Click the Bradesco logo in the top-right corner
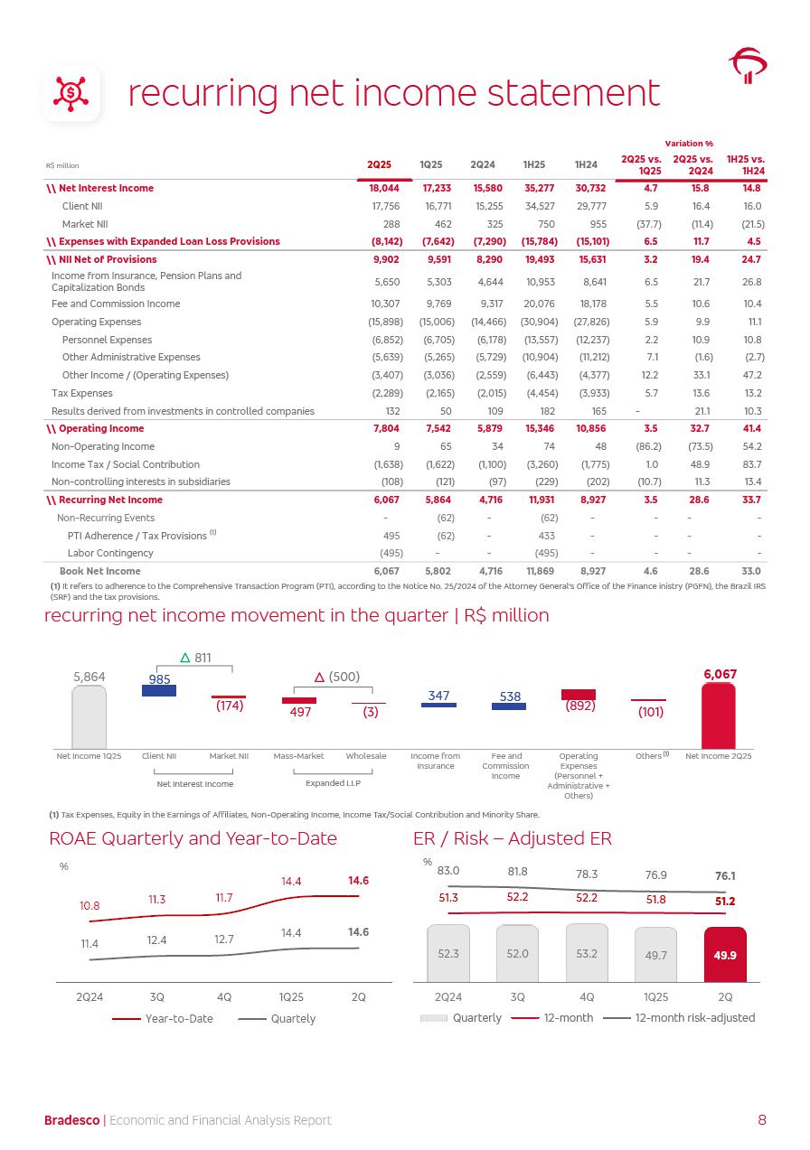pos(748,66)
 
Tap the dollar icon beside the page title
pos(71,93)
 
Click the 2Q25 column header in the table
pos(379,165)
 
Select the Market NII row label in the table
pos(85,223)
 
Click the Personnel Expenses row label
pos(101,340)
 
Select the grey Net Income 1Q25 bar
pos(89,715)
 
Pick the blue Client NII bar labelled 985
pos(159,690)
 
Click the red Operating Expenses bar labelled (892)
pos(579,694)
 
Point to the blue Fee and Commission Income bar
pos(508,706)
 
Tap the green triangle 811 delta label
pos(195,658)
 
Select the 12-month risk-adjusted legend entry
pos(680,1017)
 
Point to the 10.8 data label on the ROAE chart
pos(89,905)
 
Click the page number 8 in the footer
pos(762,1120)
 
